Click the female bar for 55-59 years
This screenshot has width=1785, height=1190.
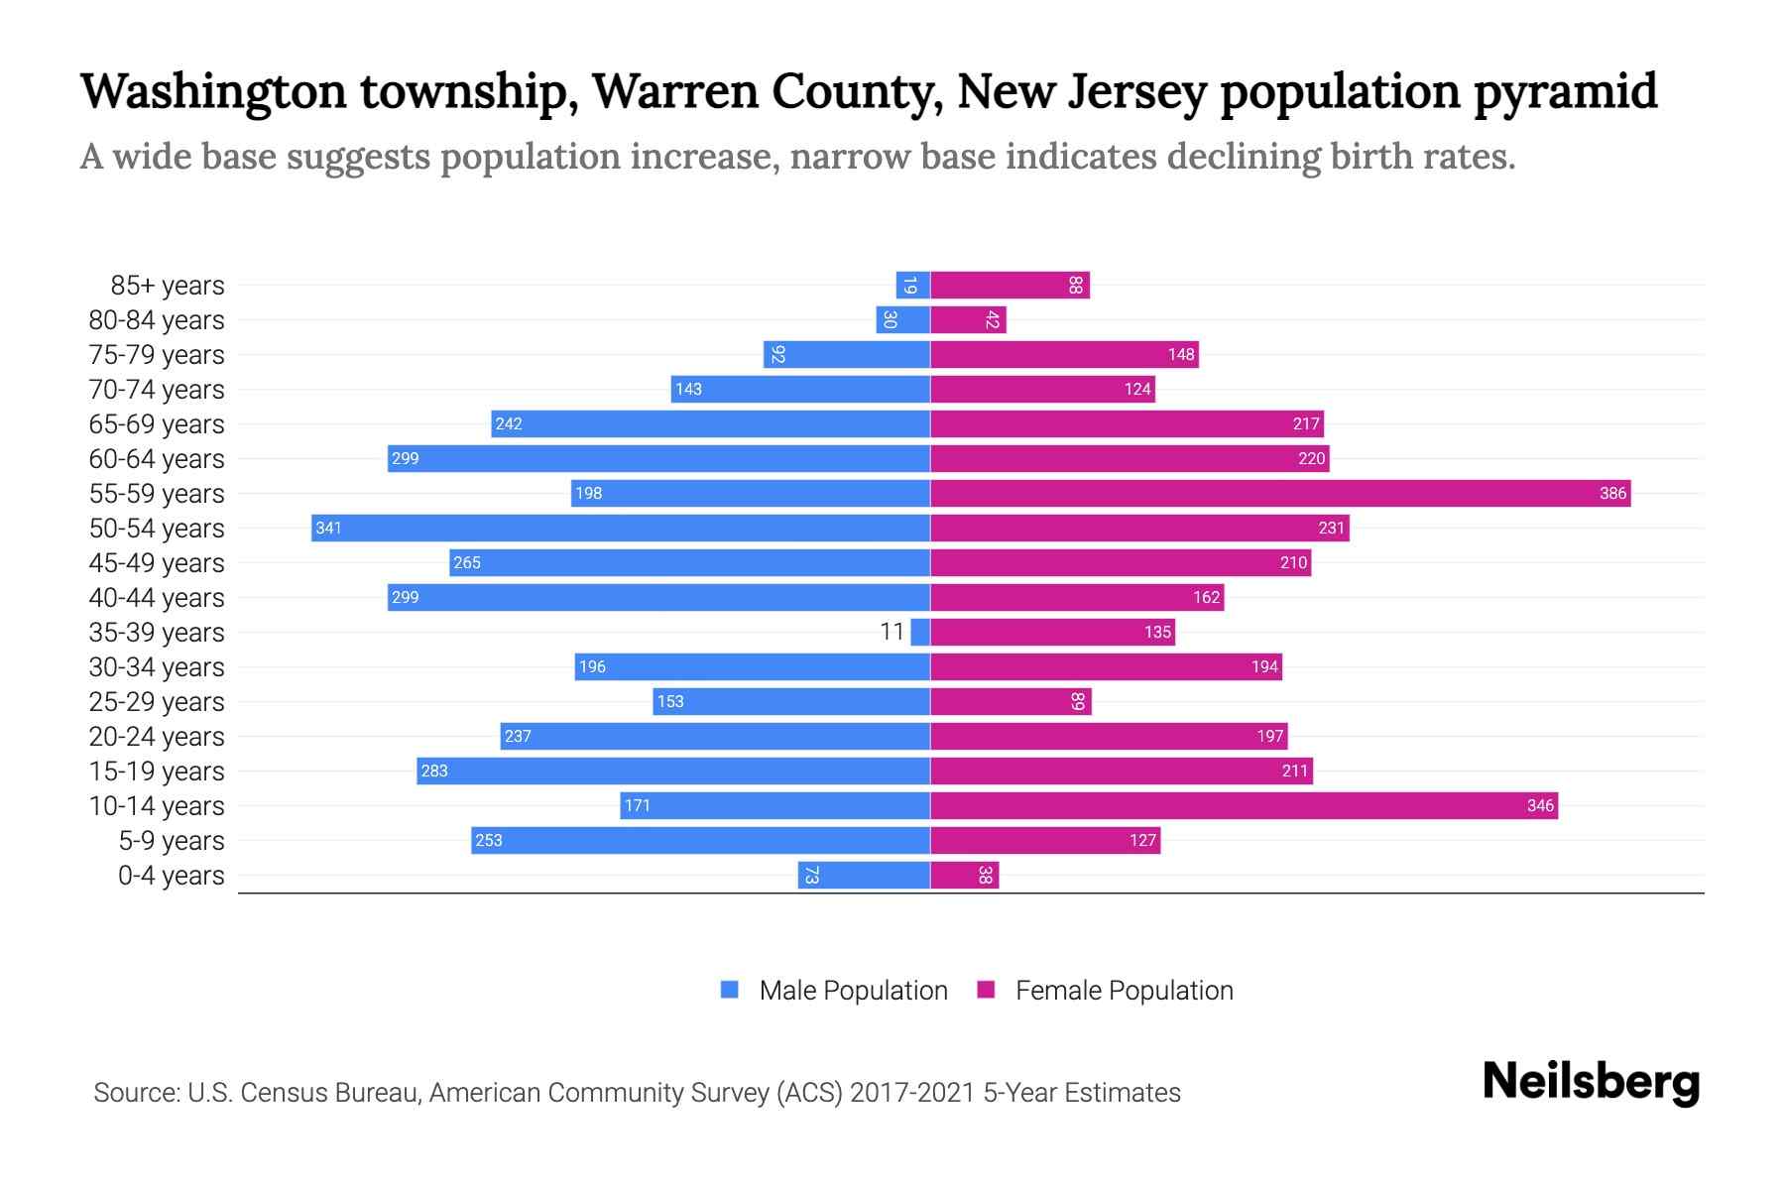[x=1279, y=493]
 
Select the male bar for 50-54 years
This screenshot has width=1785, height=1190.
[x=620, y=528]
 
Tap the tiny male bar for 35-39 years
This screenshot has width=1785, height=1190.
[x=920, y=632]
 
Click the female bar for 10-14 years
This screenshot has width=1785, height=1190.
[x=1244, y=805]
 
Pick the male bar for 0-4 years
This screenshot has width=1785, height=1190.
[x=864, y=875]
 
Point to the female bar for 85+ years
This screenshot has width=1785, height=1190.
[x=1010, y=285]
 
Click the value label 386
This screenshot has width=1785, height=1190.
[x=1612, y=493]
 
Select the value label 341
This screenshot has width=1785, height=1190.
[x=328, y=528]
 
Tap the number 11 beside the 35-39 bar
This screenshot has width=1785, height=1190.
[x=892, y=632]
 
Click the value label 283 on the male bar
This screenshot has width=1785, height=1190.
[x=434, y=771]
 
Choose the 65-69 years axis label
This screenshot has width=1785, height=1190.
[x=157, y=423]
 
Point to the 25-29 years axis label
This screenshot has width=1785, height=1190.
[x=157, y=701]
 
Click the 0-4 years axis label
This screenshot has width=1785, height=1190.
[x=171, y=875]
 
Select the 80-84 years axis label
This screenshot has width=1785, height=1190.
[x=157, y=319]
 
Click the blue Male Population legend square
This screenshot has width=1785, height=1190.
[x=730, y=990]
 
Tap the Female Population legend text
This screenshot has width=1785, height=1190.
[x=1124, y=990]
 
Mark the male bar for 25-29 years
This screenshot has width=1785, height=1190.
[x=790, y=701]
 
